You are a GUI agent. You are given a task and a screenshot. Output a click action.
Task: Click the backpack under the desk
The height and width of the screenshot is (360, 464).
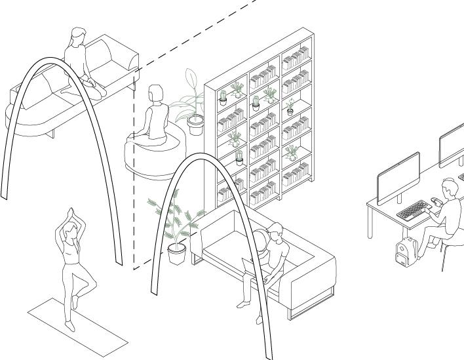pyautogui.click(x=407, y=250)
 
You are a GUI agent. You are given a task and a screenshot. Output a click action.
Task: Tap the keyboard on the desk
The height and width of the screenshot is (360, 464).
pyautogui.click(x=413, y=210)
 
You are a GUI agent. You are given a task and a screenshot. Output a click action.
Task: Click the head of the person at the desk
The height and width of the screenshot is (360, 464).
pyautogui.click(x=449, y=189)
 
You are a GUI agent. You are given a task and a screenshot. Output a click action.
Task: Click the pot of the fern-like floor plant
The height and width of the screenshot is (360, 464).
pyautogui.click(x=176, y=253)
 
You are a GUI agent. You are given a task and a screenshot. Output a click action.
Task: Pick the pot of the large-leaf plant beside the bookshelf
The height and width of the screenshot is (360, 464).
pyautogui.click(x=195, y=125)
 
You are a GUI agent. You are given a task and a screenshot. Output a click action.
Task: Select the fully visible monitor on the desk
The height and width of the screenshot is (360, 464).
pyautogui.click(x=398, y=176)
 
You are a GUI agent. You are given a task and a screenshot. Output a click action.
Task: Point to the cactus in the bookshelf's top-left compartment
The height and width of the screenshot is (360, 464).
pyautogui.click(x=223, y=98)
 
